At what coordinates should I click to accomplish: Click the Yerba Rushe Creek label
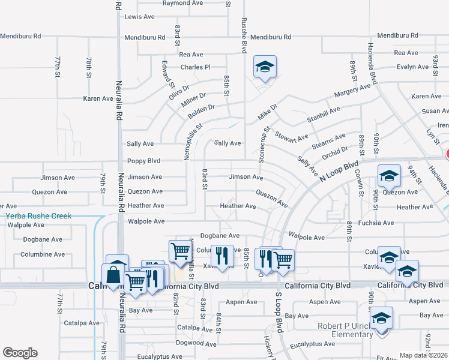38,216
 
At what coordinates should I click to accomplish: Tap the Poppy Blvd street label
143,161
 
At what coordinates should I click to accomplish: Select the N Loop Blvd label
339,172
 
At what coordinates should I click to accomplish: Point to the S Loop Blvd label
279,313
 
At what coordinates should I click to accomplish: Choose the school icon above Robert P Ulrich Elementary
381,317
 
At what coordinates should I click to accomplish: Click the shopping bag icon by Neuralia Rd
113,275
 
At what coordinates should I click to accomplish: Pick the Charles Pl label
196,67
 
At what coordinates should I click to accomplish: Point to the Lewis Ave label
140,17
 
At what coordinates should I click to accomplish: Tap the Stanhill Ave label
324,114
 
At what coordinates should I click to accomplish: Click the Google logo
20,352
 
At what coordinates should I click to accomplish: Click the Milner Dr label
193,100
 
